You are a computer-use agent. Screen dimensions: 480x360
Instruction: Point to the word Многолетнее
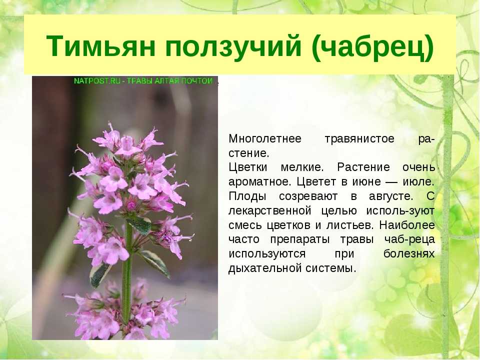pos(265,138)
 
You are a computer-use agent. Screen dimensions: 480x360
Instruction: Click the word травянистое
pos(359,139)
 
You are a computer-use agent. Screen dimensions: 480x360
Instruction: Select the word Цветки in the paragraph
pos(248,167)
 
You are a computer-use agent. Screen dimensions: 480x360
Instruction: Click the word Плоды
pos(247,196)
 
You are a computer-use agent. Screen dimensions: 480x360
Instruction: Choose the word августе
pos(391,196)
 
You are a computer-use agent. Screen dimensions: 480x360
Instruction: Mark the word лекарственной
pos(269,211)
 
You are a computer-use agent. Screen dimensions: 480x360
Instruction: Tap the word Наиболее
pos(407,225)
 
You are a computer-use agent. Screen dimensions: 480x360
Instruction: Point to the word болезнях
pos(409,254)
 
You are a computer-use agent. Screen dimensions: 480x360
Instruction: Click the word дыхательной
pos(265,268)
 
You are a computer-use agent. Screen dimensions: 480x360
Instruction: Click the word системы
pos(331,268)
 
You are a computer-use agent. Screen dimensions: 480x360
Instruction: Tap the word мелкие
pos(302,167)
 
